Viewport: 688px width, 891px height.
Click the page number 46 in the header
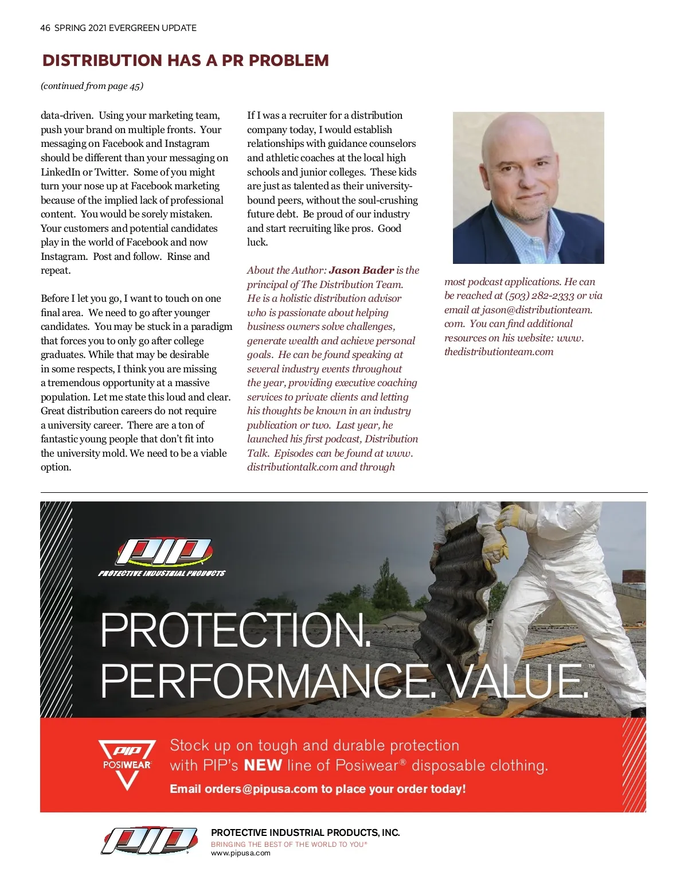pyautogui.click(x=45, y=28)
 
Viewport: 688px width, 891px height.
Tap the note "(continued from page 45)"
pyautogui.click(x=92, y=86)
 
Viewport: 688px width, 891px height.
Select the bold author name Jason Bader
pyautogui.click(x=361, y=270)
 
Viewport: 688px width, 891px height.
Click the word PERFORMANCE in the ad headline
pyautogui.click(x=269, y=681)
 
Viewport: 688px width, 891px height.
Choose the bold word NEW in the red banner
pyautogui.click(x=263, y=765)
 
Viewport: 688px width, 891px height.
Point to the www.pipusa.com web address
pyautogui.click(x=241, y=853)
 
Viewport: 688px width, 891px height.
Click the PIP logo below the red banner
pyautogui.click(x=150, y=841)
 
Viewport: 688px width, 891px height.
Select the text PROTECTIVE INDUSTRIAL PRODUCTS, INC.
pyautogui.click(x=305, y=832)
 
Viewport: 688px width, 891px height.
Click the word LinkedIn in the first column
pyautogui.click(x=61, y=172)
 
